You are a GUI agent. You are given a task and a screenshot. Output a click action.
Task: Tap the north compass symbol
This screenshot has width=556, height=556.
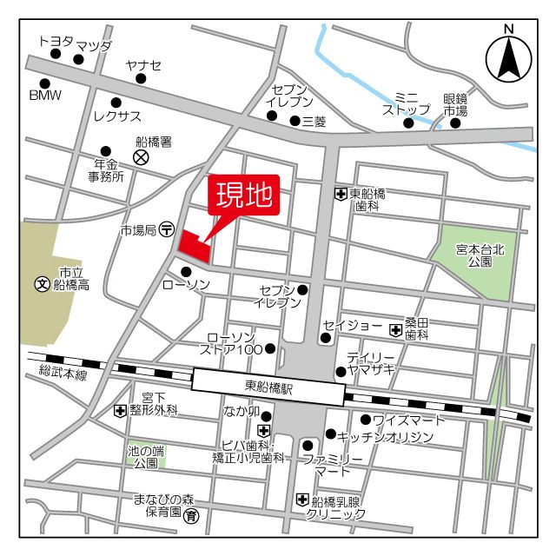[508, 58]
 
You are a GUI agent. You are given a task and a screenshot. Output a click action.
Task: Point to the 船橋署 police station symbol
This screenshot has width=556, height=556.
[141, 157]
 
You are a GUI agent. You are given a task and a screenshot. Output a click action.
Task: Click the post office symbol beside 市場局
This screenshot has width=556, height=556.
[167, 230]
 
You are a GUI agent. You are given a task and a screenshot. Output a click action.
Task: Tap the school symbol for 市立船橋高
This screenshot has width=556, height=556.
[41, 284]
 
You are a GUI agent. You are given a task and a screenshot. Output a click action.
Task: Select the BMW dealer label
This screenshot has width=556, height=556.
[45, 95]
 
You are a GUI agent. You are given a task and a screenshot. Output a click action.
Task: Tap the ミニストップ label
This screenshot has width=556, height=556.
[407, 103]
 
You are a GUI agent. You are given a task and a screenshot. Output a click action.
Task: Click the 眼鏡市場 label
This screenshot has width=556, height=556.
[455, 105]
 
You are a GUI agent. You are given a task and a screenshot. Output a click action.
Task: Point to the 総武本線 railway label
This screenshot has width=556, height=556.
[63, 374]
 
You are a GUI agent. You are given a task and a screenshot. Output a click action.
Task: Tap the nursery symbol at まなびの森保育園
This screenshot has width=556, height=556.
[191, 517]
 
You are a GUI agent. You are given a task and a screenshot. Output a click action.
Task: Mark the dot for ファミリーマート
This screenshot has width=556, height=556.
[308, 445]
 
